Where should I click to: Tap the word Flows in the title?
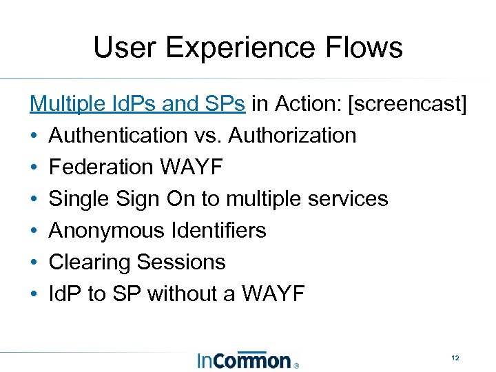tap(366, 48)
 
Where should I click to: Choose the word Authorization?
tap(292, 136)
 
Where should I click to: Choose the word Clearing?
tap(90, 262)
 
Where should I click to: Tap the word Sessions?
tap(181, 262)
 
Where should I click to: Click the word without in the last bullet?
tap(182, 293)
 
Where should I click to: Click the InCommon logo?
tap(244, 360)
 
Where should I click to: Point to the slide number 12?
tap(455, 358)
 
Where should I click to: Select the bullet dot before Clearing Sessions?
tap(34, 262)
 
